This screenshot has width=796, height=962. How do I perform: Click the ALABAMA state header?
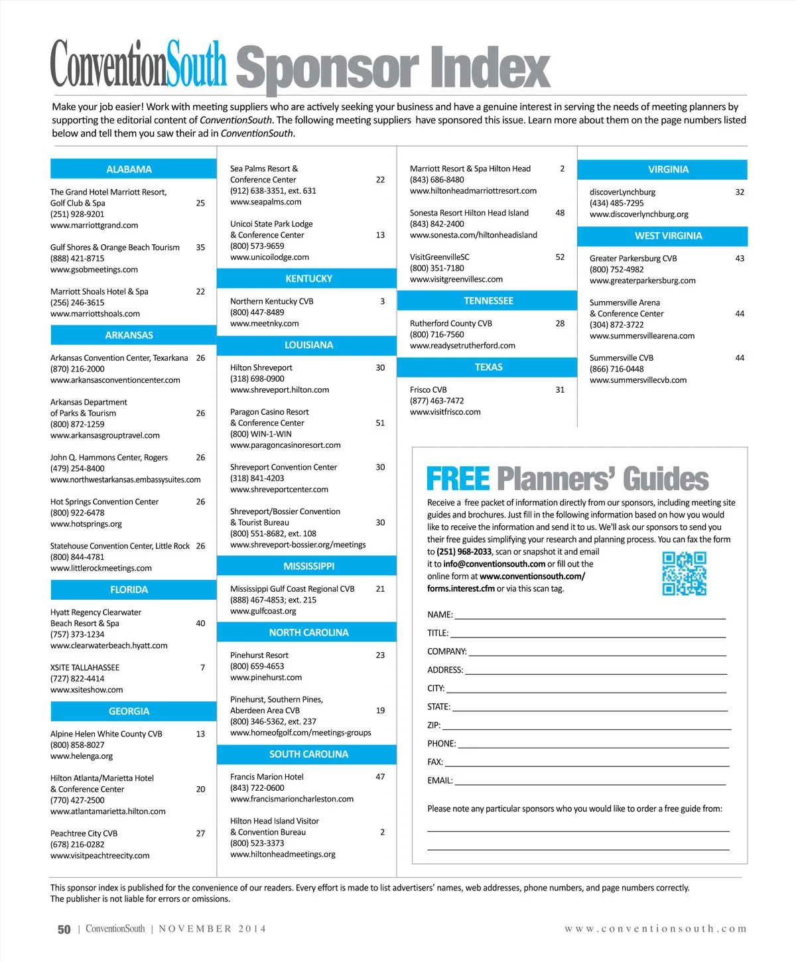coord(129,169)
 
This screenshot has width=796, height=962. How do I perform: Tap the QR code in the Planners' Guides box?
coord(684,573)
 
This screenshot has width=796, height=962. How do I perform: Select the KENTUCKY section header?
coord(308,279)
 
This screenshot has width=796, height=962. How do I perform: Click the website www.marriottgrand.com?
coord(94,226)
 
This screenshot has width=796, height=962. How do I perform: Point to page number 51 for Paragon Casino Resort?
coord(380,423)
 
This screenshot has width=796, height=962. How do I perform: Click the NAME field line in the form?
coord(589,615)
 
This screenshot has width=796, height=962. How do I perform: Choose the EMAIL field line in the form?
coord(590,781)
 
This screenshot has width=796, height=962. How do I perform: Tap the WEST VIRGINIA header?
coord(668,236)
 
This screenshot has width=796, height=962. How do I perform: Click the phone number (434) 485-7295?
coord(616,203)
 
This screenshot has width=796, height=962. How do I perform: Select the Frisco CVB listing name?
coord(429,390)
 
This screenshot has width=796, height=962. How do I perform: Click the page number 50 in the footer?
coord(64,929)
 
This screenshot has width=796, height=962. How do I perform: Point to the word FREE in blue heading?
coord(458,478)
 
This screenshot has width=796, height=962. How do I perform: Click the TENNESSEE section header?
coord(488,301)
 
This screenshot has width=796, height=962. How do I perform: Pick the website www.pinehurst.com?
coord(266,677)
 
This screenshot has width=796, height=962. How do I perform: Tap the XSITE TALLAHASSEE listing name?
coord(85,667)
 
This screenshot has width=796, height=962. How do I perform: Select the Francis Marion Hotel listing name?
coord(267,777)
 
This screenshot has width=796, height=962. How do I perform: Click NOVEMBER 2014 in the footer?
coord(212,929)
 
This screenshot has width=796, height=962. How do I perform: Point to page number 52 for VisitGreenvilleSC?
coord(560,257)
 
